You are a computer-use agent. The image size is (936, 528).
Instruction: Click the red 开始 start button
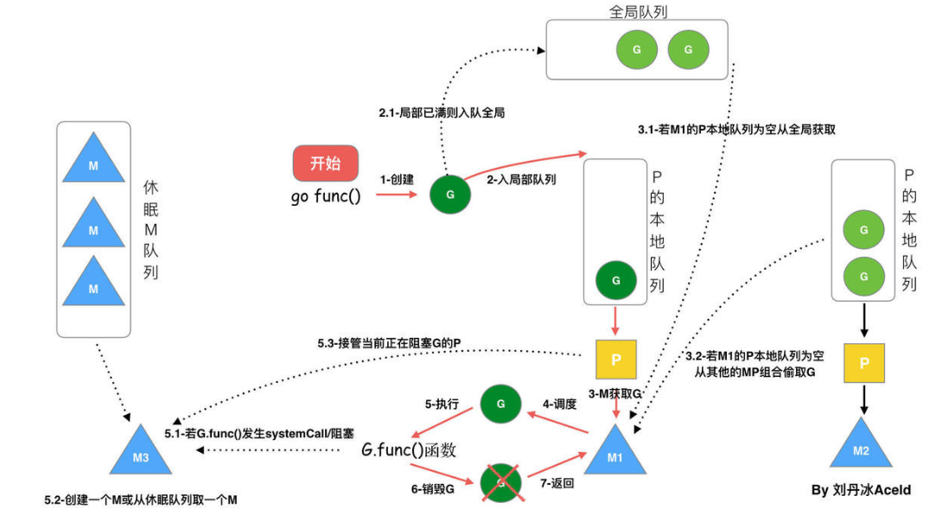(x=325, y=162)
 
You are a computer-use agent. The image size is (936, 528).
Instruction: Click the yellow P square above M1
(x=615, y=359)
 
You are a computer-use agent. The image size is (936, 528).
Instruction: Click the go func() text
(x=325, y=195)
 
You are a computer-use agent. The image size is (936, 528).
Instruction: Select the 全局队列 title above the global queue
(x=638, y=12)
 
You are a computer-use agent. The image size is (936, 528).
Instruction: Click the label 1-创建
(x=396, y=180)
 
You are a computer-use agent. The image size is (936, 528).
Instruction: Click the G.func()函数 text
(x=408, y=450)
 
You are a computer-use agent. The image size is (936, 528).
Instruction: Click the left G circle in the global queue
(x=637, y=49)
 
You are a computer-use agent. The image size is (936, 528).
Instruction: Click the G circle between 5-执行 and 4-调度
(x=500, y=404)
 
